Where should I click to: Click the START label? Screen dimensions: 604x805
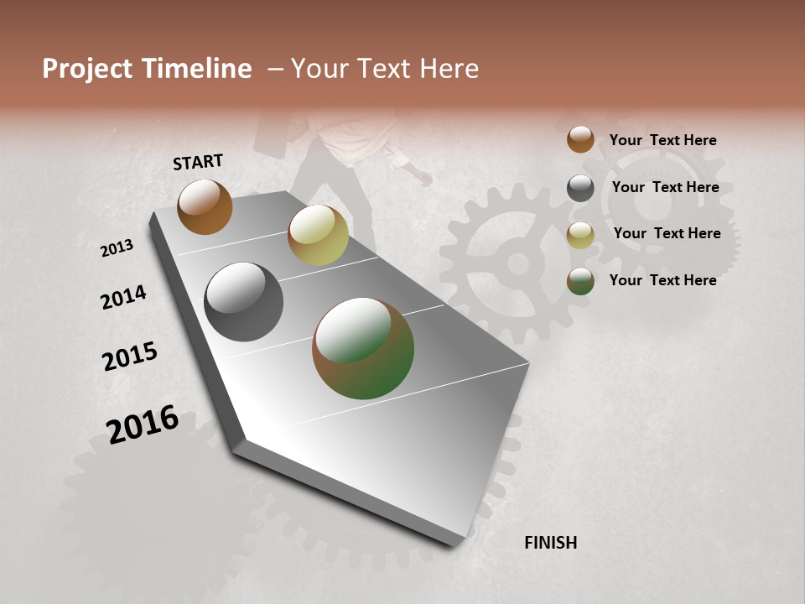tap(199, 161)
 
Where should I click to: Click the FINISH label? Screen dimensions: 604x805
tap(551, 543)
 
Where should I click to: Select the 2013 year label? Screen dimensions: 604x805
tap(117, 248)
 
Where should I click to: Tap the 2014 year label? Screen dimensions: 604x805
tap(123, 297)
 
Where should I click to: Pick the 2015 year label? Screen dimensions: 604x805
tap(130, 357)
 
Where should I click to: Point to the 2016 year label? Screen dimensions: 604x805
tap(143, 424)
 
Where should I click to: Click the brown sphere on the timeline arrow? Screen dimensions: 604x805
tap(205, 206)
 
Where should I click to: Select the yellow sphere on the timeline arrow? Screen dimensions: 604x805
tap(318, 235)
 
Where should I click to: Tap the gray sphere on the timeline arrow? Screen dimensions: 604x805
tap(243, 302)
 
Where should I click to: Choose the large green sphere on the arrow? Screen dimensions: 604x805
tap(363, 348)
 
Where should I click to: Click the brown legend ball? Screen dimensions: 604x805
tap(580, 139)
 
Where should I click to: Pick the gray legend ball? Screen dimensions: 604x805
tap(580, 188)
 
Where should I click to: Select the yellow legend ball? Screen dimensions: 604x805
tap(580, 235)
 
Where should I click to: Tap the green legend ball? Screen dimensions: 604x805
tap(580, 281)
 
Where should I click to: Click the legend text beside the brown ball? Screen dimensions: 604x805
tap(663, 140)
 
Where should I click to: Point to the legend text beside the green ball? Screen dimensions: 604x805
tap(663, 280)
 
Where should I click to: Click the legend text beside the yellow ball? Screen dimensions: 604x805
tap(667, 233)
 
